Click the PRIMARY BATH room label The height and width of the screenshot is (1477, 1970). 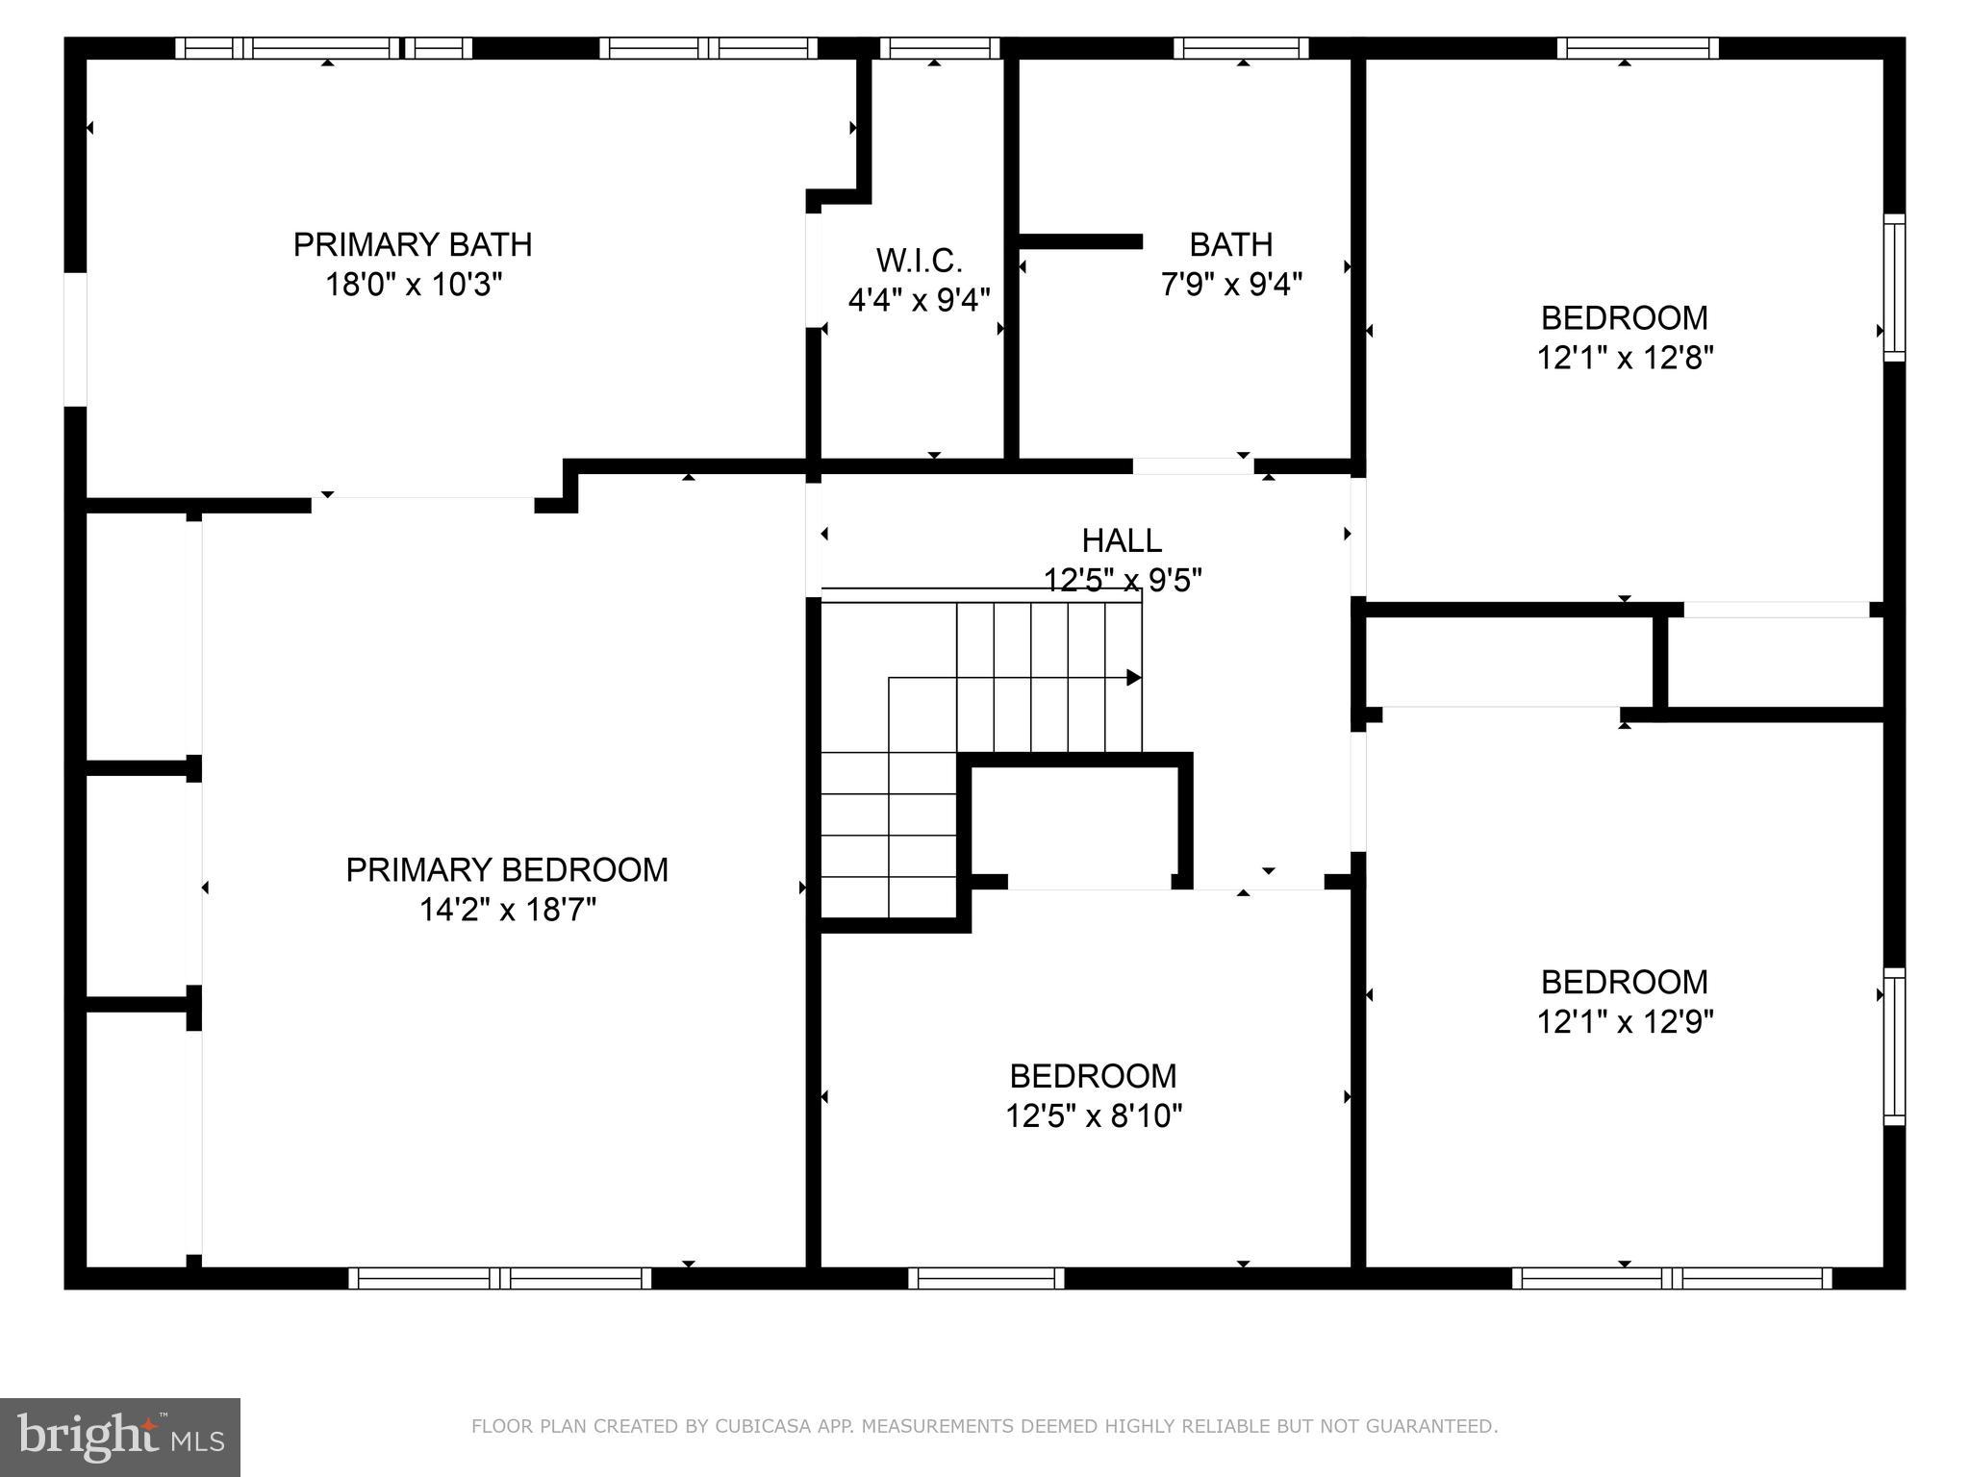412,244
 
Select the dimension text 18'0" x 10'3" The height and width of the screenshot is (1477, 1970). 414,286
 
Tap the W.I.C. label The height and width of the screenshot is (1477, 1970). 919,260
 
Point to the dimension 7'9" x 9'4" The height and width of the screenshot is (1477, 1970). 1231,286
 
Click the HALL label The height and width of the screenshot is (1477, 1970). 1122,540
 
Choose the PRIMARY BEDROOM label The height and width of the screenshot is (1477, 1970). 507,869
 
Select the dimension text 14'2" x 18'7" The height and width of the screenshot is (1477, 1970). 507,910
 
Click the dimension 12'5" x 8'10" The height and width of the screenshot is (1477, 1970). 1094,1116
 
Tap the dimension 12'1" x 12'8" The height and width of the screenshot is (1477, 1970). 1625,359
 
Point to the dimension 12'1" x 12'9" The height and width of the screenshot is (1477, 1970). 1625,1022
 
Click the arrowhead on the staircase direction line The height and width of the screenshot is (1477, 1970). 1134,678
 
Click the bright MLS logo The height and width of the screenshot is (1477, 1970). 119,1437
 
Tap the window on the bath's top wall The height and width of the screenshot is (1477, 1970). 1241,48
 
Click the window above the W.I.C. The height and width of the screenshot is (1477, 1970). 940,48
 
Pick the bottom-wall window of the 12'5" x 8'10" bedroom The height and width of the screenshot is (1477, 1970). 986,1278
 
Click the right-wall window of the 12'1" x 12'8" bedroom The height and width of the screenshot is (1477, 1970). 1893,287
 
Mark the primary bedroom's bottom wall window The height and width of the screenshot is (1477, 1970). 499,1278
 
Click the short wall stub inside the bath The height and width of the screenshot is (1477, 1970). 1080,241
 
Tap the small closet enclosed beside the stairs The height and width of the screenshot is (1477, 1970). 1078,822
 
